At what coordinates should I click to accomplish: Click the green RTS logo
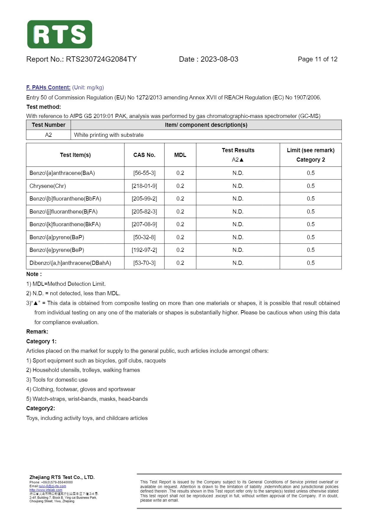pos(60,34)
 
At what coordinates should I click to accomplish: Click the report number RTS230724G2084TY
pos(101,59)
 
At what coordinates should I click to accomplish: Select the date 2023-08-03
pos(219,59)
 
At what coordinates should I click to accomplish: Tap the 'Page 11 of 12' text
pos(318,59)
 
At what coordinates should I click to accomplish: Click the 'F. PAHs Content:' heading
pos(48,88)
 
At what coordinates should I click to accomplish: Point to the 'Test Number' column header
pos(48,125)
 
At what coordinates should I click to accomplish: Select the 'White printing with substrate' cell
pos(109,135)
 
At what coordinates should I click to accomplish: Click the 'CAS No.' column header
pos(144,155)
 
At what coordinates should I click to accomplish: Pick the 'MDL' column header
pos(180,155)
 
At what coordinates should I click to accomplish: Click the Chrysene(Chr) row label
pos(48,186)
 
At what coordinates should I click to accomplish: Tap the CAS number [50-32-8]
pos(144,237)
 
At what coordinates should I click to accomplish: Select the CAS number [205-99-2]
pos(144,199)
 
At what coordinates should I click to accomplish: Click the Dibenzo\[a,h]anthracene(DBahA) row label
pos(70,263)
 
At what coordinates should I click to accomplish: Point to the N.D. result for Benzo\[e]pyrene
pos(238,250)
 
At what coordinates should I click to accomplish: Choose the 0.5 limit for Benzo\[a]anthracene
pos(311,173)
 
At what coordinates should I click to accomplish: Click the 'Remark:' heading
pos(37,332)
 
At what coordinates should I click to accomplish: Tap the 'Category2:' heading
pos(40,408)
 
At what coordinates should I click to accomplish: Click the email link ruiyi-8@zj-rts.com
pos(53,486)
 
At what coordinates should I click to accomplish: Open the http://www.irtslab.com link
pos(46,490)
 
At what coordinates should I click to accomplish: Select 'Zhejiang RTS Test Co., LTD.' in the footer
pos(62,477)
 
